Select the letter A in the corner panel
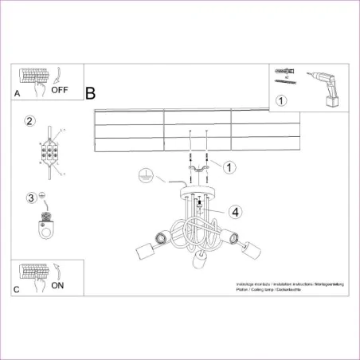click(x=17, y=93)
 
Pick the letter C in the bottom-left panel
click(x=17, y=289)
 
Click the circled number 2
click(x=29, y=121)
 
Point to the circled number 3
click(x=31, y=198)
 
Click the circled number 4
click(x=235, y=212)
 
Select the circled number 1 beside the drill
click(x=280, y=100)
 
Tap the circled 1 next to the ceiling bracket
click(x=229, y=167)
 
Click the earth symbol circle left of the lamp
click(x=144, y=174)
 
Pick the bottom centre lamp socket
click(x=200, y=262)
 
